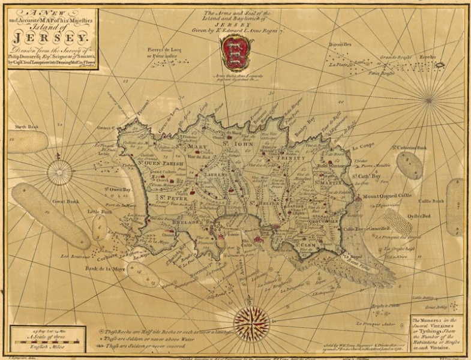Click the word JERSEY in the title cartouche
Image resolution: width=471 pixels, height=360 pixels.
click(x=53, y=38)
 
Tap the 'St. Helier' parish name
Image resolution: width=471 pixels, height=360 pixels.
click(x=263, y=203)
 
